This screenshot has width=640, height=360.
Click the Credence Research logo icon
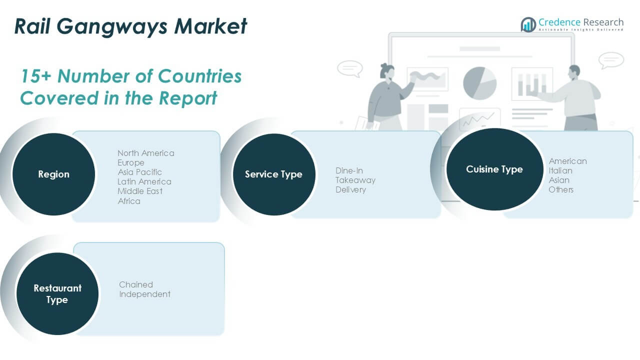(x=528, y=24)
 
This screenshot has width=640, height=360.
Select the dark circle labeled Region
(x=53, y=174)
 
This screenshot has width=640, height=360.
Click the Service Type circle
(x=273, y=174)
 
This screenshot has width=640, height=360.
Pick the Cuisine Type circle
(x=494, y=169)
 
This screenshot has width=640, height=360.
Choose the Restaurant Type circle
(x=57, y=294)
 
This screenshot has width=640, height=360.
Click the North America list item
(x=146, y=153)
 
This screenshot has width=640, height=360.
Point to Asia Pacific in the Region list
(x=140, y=172)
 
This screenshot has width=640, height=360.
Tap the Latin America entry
(x=144, y=181)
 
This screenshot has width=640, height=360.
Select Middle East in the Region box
(x=140, y=191)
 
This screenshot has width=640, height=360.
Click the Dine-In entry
(x=349, y=170)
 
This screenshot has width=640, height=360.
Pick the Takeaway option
(x=355, y=180)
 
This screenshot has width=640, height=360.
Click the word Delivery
(x=350, y=189)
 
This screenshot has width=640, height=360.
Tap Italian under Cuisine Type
(x=560, y=170)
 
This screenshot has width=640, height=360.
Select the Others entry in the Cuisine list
(x=561, y=189)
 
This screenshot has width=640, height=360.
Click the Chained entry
(x=136, y=284)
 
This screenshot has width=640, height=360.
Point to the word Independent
(x=144, y=294)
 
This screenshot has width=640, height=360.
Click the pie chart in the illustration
(x=479, y=82)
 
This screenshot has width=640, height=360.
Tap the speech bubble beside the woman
(x=349, y=68)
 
